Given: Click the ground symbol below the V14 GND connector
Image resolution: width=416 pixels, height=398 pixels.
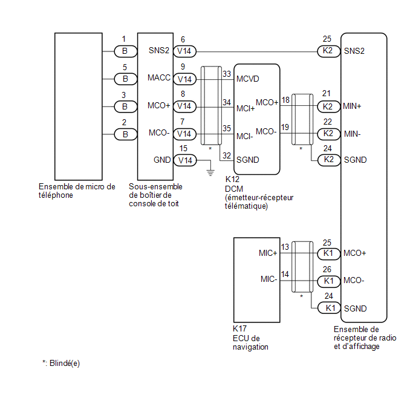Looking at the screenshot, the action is click(x=210, y=173).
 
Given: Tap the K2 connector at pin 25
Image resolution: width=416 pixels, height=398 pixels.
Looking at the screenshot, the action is click(x=329, y=51).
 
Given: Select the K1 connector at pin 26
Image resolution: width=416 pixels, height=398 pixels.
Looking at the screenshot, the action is click(x=329, y=281).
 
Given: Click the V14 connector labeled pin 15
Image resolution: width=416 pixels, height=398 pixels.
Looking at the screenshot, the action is click(x=185, y=160).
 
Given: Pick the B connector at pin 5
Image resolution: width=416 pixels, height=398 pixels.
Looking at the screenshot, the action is click(x=126, y=79).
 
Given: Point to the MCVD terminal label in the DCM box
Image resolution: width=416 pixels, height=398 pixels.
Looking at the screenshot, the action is click(x=247, y=79).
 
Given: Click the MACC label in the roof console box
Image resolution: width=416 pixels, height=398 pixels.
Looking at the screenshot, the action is click(x=159, y=78).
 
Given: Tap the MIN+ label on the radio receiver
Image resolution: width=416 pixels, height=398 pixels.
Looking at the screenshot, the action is click(x=352, y=106).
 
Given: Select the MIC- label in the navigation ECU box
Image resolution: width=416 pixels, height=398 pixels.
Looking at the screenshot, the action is click(x=268, y=279).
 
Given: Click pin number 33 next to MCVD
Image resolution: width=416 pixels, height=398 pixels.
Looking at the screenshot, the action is click(x=227, y=74).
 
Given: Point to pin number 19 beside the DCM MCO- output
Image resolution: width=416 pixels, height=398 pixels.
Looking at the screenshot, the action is click(x=285, y=128).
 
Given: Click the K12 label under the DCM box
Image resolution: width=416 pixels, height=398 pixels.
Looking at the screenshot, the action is click(x=232, y=180).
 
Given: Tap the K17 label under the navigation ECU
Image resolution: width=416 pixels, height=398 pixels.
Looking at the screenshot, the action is click(x=239, y=329).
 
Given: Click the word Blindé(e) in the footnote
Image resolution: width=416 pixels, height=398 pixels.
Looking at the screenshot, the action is click(x=65, y=364).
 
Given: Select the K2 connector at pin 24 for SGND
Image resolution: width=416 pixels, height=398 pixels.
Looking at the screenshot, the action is click(x=329, y=160).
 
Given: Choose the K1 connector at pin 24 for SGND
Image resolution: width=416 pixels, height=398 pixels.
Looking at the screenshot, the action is click(x=329, y=308).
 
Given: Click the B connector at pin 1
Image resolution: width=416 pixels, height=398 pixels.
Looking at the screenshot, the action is click(x=126, y=51).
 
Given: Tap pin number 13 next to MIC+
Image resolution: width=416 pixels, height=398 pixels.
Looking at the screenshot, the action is click(x=285, y=247).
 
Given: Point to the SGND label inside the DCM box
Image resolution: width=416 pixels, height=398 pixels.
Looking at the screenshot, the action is click(x=247, y=160).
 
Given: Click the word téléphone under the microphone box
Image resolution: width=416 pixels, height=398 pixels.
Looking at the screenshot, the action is click(x=56, y=195).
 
